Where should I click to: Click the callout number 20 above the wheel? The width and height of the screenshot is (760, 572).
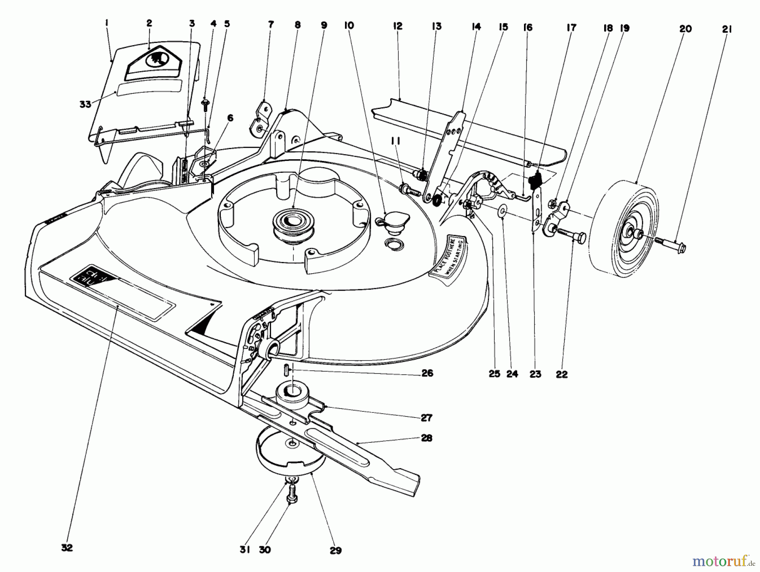click(685, 29)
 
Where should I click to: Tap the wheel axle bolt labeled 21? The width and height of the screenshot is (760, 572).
click(671, 243)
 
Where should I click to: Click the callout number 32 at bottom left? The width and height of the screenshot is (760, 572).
click(67, 548)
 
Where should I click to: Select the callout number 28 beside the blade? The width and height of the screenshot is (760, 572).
click(426, 438)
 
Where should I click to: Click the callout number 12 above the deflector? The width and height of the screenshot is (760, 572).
click(397, 26)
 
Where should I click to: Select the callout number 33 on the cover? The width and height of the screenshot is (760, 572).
click(85, 104)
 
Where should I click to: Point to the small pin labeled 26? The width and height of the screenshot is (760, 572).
click(285, 368)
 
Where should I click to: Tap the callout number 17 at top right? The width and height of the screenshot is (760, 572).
click(571, 28)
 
